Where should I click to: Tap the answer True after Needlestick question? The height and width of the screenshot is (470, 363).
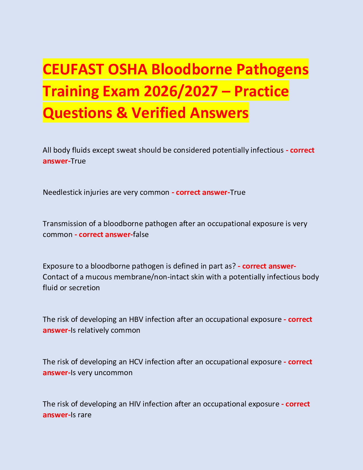pos(238,192)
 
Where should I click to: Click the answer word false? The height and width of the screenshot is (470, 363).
pos(141,234)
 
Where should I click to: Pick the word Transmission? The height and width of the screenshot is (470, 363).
pos(65,224)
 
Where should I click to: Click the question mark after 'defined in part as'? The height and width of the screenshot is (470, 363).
pos(234,266)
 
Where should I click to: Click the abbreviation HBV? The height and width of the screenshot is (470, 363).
pos(136,319)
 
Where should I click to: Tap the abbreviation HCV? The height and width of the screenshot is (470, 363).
pos(136,362)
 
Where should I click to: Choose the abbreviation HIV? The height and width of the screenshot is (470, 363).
pos(135,404)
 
